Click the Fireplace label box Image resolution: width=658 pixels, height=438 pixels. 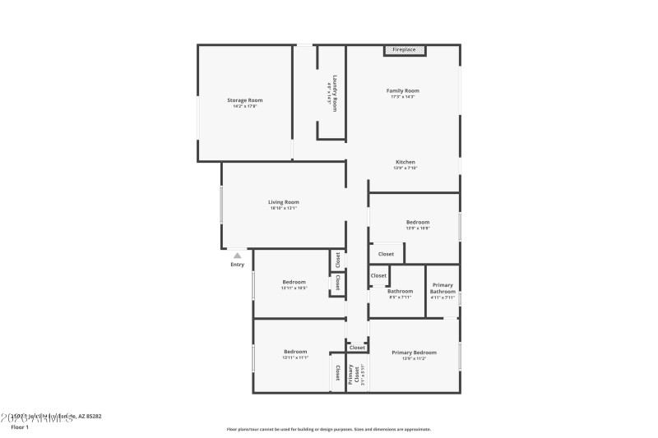[404, 50]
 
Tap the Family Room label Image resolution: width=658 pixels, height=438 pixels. [403, 90]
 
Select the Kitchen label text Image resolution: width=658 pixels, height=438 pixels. [405, 162]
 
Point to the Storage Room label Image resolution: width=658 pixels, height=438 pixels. [245, 100]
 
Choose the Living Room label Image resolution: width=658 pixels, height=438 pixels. [283, 201]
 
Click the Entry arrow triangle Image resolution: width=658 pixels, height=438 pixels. [237, 256]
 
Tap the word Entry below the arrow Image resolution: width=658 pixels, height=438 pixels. [237, 265]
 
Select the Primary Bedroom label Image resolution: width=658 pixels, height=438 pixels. [414, 353]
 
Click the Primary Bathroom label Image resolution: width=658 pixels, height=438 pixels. [443, 288]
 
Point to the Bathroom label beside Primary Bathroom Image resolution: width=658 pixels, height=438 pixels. [401, 291]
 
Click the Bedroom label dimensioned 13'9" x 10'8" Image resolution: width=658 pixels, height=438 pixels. [418, 222]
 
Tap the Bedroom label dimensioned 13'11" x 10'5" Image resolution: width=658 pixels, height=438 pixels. [294, 282]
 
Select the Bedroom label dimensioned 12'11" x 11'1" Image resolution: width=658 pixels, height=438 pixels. [295, 351]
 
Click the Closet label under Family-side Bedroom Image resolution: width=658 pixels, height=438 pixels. [386, 255]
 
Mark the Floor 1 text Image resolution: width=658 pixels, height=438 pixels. [20, 427]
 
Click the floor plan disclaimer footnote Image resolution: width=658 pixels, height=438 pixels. [328, 429]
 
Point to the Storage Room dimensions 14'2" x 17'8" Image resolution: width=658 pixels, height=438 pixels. [245, 106]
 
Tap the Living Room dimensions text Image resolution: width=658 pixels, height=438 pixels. [283, 208]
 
